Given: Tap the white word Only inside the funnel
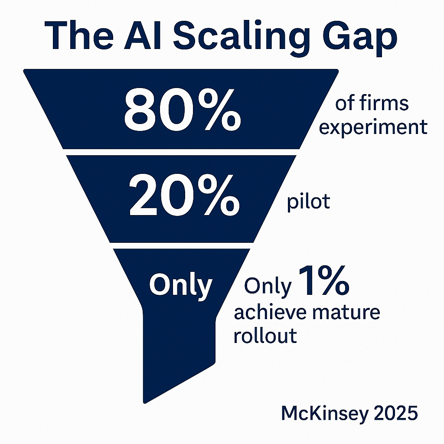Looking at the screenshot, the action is pyautogui.click(x=180, y=285).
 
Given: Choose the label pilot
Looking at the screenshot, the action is pyautogui.click(x=308, y=203).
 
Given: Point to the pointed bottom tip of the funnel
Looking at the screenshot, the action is pyautogui.click(x=145, y=400).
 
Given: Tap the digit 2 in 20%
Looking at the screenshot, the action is pyautogui.click(x=143, y=197).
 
